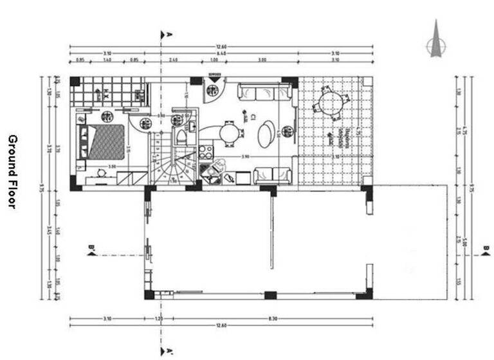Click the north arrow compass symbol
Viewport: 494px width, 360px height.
tap(435, 39)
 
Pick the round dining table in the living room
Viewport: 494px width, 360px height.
tap(228, 133)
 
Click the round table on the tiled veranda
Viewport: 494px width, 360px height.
tap(331, 104)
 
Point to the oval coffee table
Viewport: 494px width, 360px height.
tap(265, 135)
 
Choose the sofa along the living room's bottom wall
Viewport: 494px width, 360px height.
tap(271, 175)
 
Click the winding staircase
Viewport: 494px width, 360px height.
tap(172, 167)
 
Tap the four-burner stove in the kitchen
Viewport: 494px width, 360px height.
tap(206, 152)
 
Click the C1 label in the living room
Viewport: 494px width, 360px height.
tap(253, 118)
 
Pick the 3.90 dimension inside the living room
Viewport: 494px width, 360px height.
tap(244, 157)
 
